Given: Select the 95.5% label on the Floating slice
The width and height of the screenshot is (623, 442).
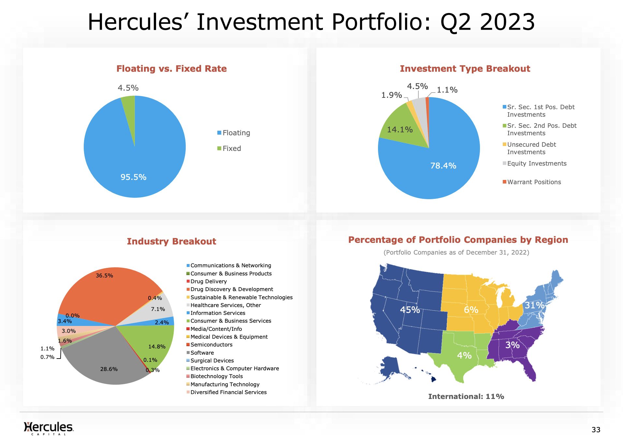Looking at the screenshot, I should pos(133,177).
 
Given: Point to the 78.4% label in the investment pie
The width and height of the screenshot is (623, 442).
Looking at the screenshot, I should pos(443,166).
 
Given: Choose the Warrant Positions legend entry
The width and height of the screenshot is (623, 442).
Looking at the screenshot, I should pos(534,182).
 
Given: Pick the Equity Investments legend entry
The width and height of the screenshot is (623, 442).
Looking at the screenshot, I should pos(536,164).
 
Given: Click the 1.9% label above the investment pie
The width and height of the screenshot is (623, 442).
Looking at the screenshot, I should pos(391,95).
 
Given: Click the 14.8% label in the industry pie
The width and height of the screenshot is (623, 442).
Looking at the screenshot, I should pos(157,347).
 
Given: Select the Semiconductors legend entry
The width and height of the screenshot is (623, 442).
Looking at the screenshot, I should pos(211,345).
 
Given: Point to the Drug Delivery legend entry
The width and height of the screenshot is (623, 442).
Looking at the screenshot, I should pos(208,282).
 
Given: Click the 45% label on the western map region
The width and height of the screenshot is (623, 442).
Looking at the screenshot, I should pos(410,310).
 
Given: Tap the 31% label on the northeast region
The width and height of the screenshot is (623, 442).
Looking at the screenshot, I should pos(534,305).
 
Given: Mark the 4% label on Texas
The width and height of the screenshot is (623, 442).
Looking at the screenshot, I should pos(464,356).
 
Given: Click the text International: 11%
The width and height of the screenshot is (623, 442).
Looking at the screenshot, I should pos(466,397).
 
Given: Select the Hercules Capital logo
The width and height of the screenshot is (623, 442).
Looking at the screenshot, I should pos(49,428).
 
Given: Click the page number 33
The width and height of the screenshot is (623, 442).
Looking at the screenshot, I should pos(596,430).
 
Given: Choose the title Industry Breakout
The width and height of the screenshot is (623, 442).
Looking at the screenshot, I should pos(171,242).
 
